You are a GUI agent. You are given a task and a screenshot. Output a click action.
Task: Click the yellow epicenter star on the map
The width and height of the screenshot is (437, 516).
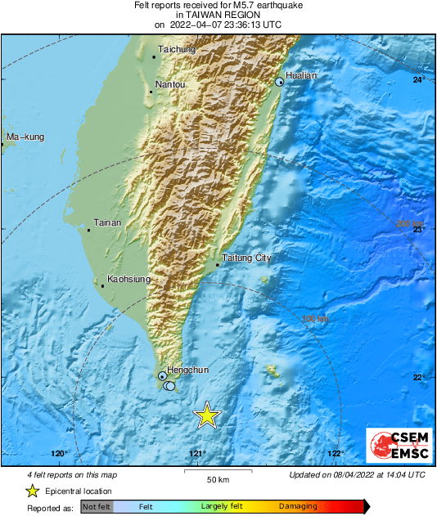pyautogui.click(x=207, y=415)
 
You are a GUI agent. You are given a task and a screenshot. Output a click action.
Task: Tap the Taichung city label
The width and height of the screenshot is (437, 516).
pyautogui.click(x=177, y=50)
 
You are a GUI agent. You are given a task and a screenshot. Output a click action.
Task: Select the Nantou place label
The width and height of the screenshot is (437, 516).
pyautogui.click(x=170, y=85)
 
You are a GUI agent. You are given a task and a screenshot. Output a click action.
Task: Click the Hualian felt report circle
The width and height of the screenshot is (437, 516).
pyautogui.click(x=280, y=82)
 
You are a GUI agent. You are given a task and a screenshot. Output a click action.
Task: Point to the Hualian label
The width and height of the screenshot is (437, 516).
pyautogui.click(x=301, y=75)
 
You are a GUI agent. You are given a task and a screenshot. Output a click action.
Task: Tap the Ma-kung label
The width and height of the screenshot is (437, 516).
pyautogui.click(x=25, y=136)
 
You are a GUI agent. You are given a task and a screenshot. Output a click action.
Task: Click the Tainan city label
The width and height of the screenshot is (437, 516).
pyautogui.click(x=108, y=222)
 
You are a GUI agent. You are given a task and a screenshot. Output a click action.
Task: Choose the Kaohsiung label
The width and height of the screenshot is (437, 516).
pyautogui.click(x=129, y=280)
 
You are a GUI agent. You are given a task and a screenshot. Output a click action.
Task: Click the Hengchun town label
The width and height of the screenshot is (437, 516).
pyautogui.click(x=188, y=370)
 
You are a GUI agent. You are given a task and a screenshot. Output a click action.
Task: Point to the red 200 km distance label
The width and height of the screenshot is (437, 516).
pyautogui.click(x=411, y=224)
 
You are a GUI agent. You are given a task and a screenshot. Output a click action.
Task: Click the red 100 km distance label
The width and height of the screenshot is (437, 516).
pyautogui.click(x=316, y=319)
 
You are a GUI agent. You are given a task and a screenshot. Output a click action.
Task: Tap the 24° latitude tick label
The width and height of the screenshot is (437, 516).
pyautogui.click(x=419, y=79)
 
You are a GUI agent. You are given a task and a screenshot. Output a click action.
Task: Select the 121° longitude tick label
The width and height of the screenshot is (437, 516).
pyautogui.click(x=197, y=454)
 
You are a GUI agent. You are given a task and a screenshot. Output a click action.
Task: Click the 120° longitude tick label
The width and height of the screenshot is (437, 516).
pyautogui.click(x=59, y=454)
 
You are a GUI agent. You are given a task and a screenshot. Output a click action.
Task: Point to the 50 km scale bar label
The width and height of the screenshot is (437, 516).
pyautogui.click(x=217, y=479)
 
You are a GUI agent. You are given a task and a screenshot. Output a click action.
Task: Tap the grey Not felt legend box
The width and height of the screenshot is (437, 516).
pyautogui.click(x=96, y=508)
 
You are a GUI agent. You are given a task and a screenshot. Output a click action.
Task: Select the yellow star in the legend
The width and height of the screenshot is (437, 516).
pyautogui.click(x=32, y=491)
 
